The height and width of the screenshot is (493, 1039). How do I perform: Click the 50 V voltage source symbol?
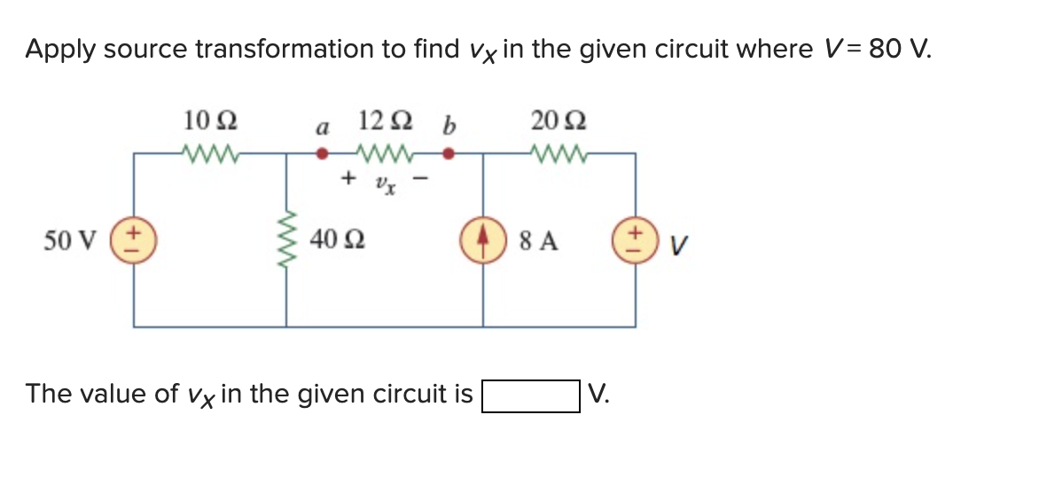point(134,240)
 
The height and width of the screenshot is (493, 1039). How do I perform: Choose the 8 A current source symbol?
point(483,240)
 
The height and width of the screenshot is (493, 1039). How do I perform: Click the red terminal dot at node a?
point(324,153)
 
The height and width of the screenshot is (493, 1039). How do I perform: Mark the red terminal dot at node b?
point(449,153)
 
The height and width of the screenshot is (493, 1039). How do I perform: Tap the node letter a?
point(323,128)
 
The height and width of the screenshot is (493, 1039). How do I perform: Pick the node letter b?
point(448,126)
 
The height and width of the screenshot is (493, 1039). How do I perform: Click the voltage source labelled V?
point(635,240)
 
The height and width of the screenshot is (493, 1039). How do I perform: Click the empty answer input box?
point(531,395)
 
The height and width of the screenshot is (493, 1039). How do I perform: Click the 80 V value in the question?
point(897,50)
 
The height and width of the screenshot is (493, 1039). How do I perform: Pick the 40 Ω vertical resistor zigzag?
point(286,239)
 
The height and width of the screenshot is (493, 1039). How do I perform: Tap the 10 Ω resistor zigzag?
point(209,153)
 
